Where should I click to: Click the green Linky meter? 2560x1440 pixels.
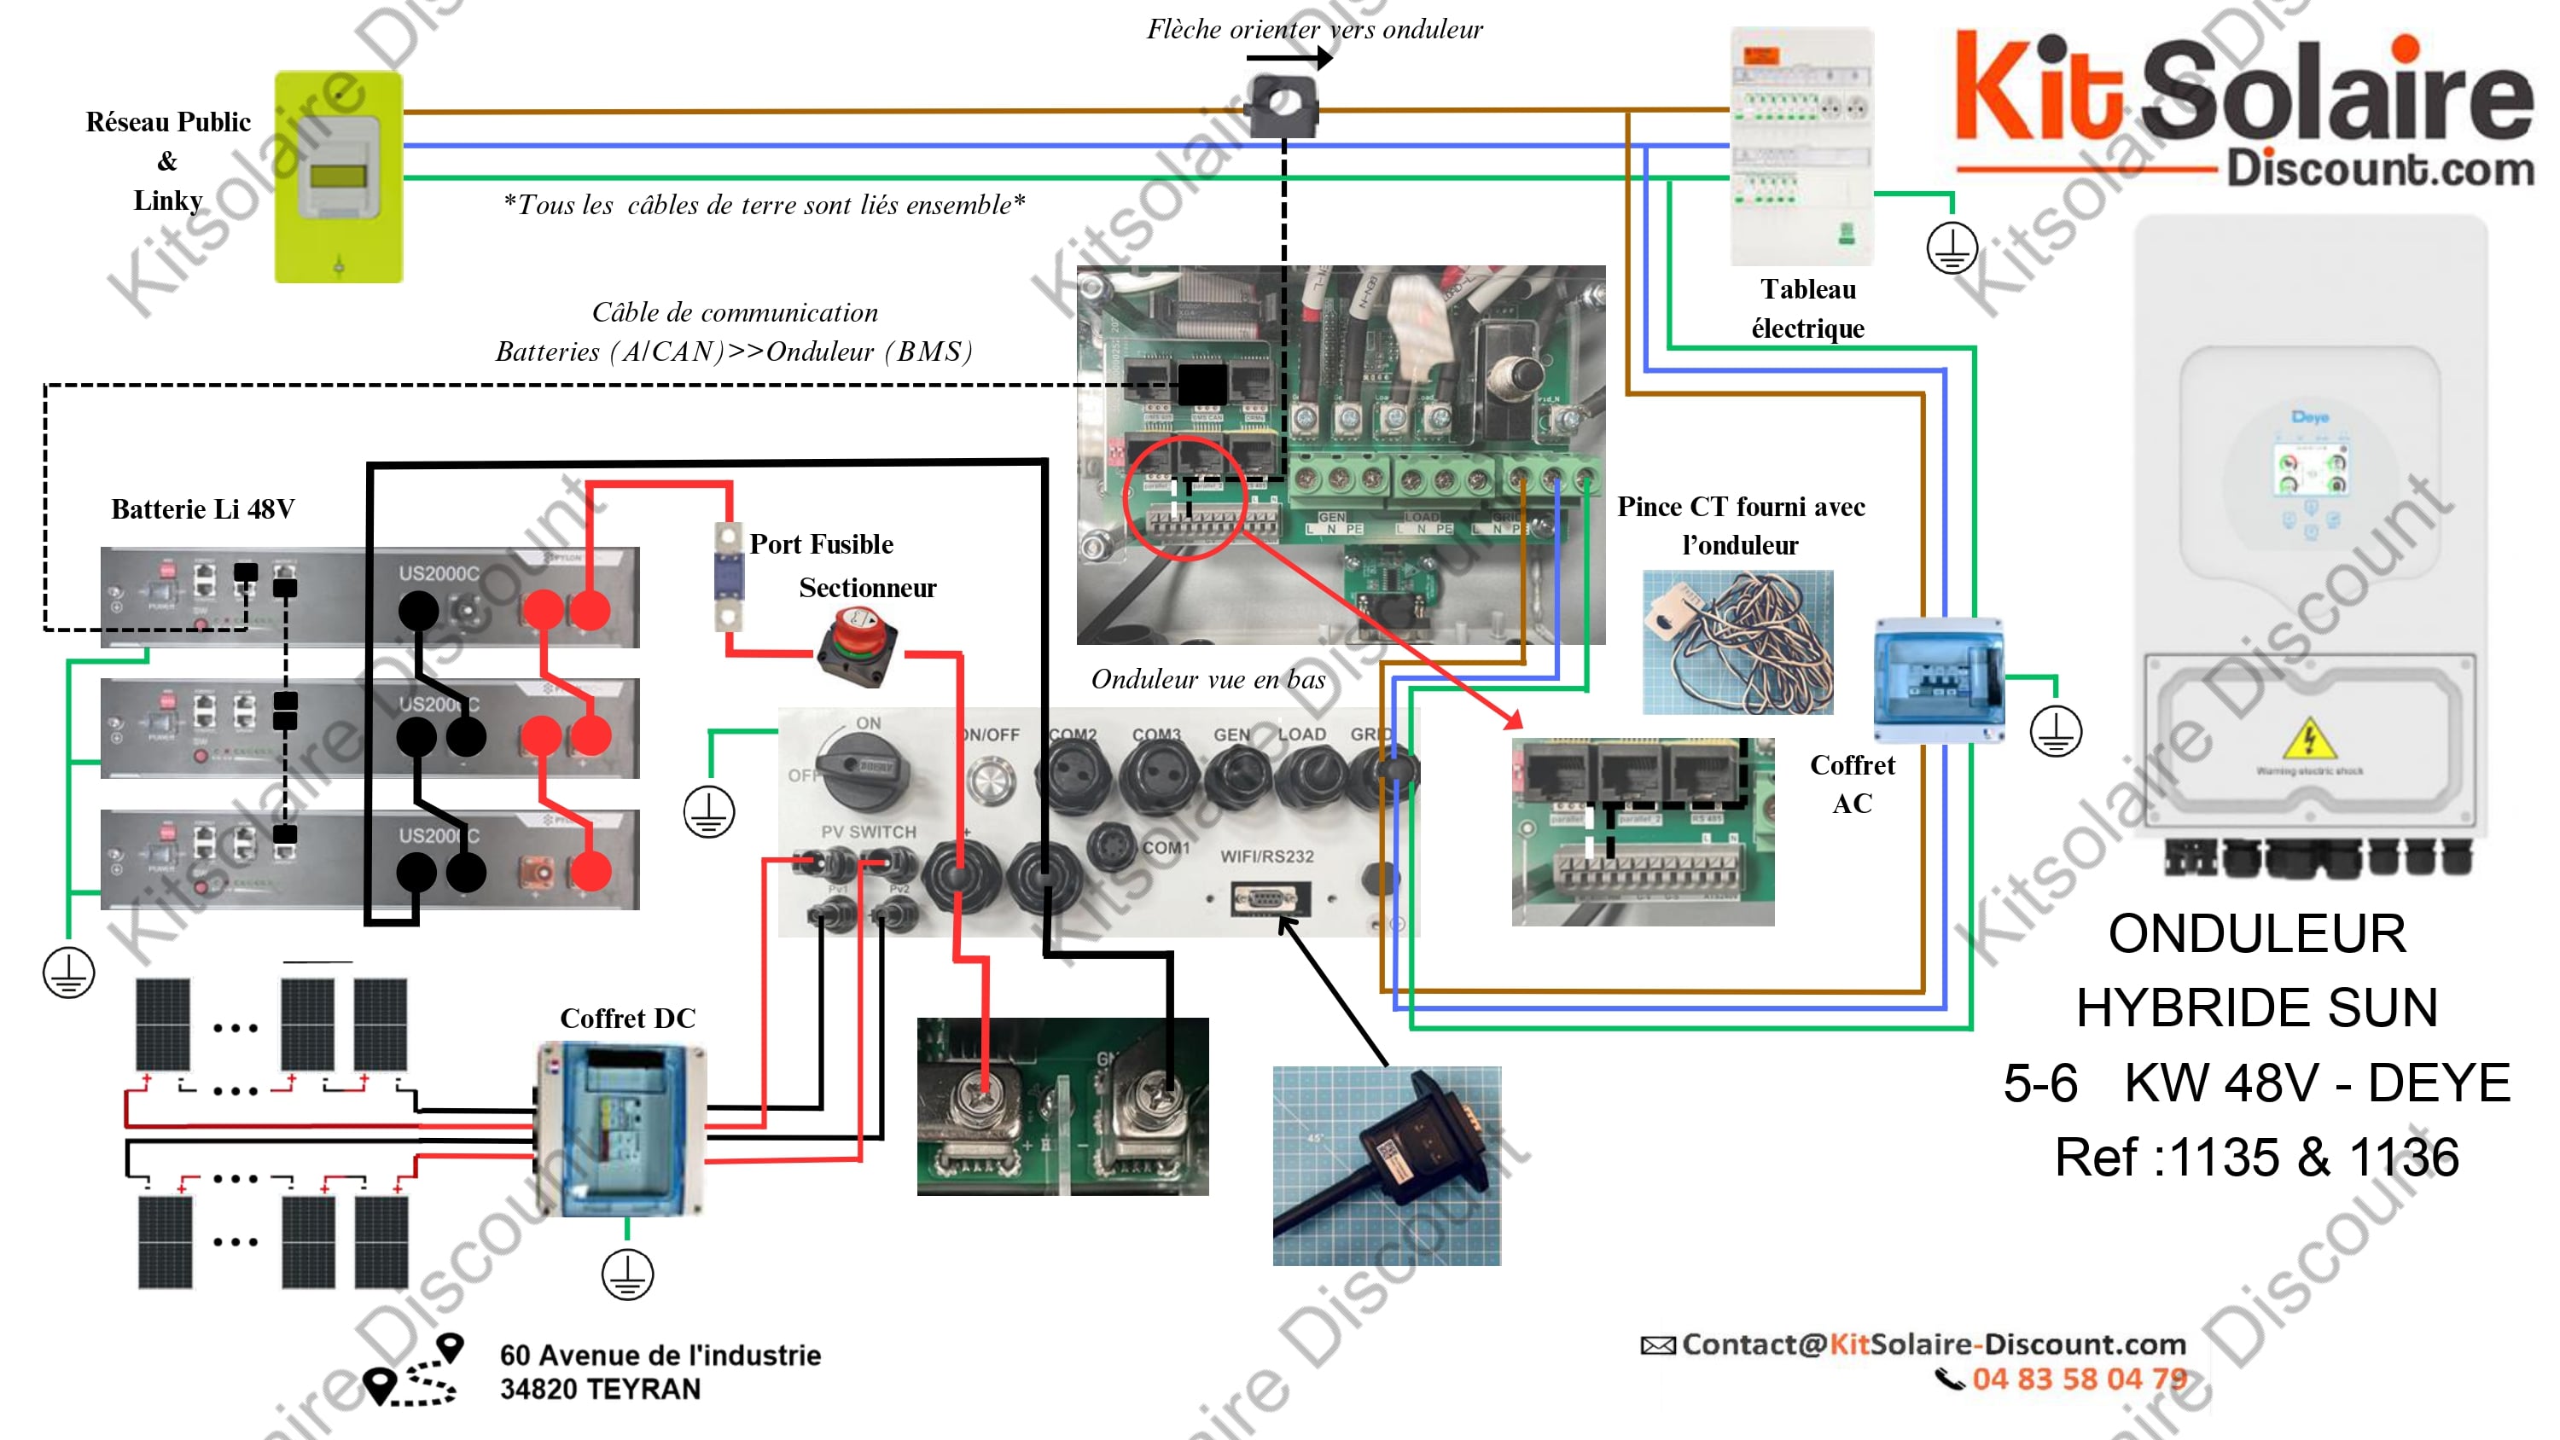click(x=339, y=176)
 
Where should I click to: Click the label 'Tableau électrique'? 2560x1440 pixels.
click(x=1807, y=308)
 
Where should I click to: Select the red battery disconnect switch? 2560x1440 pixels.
click(x=857, y=646)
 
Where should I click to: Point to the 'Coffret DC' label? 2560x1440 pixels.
click(x=627, y=1018)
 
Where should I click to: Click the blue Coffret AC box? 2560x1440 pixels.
click(x=1938, y=680)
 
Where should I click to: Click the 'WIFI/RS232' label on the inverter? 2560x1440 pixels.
click(x=1267, y=856)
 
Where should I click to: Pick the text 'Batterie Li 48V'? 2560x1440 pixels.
click(x=203, y=508)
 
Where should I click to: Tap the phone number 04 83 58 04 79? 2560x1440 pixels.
click(x=2079, y=1379)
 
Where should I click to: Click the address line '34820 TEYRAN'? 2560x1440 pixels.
click(x=600, y=1388)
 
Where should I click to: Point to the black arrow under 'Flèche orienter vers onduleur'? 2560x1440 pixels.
click(x=1289, y=59)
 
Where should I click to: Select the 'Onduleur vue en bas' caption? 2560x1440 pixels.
click(x=1207, y=680)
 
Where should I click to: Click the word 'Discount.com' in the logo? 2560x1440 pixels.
click(x=2379, y=169)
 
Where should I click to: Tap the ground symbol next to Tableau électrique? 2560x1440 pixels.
click(x=1951, y=247)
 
